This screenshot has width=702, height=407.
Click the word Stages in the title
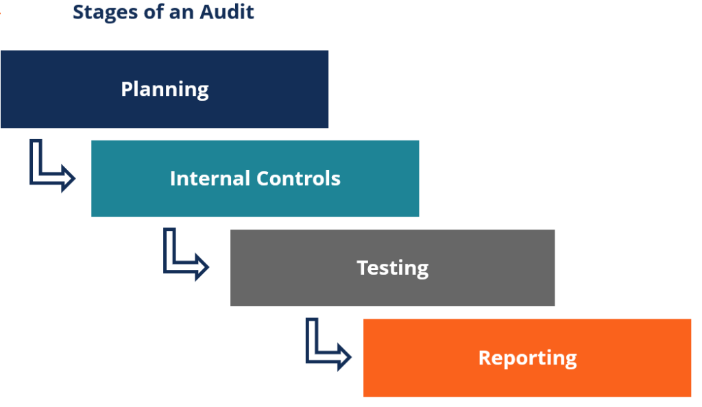pos(104,12)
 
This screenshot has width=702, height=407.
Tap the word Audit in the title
pos(230,12)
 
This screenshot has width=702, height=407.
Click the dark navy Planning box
pos(165,89)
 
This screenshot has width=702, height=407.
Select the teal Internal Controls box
pos(255,179)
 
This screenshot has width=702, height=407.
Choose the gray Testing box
pos(392,268)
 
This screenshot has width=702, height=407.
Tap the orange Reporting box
pos(527,358)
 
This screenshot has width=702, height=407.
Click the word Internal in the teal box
pos(210,179)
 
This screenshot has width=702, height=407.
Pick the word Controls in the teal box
pos(299,179)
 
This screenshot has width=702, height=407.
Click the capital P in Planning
pos(127,89)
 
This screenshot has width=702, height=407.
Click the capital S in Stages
pos(78,12)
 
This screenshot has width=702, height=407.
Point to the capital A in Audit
pos(213,12)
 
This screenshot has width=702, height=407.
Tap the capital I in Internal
pos(173,179)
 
